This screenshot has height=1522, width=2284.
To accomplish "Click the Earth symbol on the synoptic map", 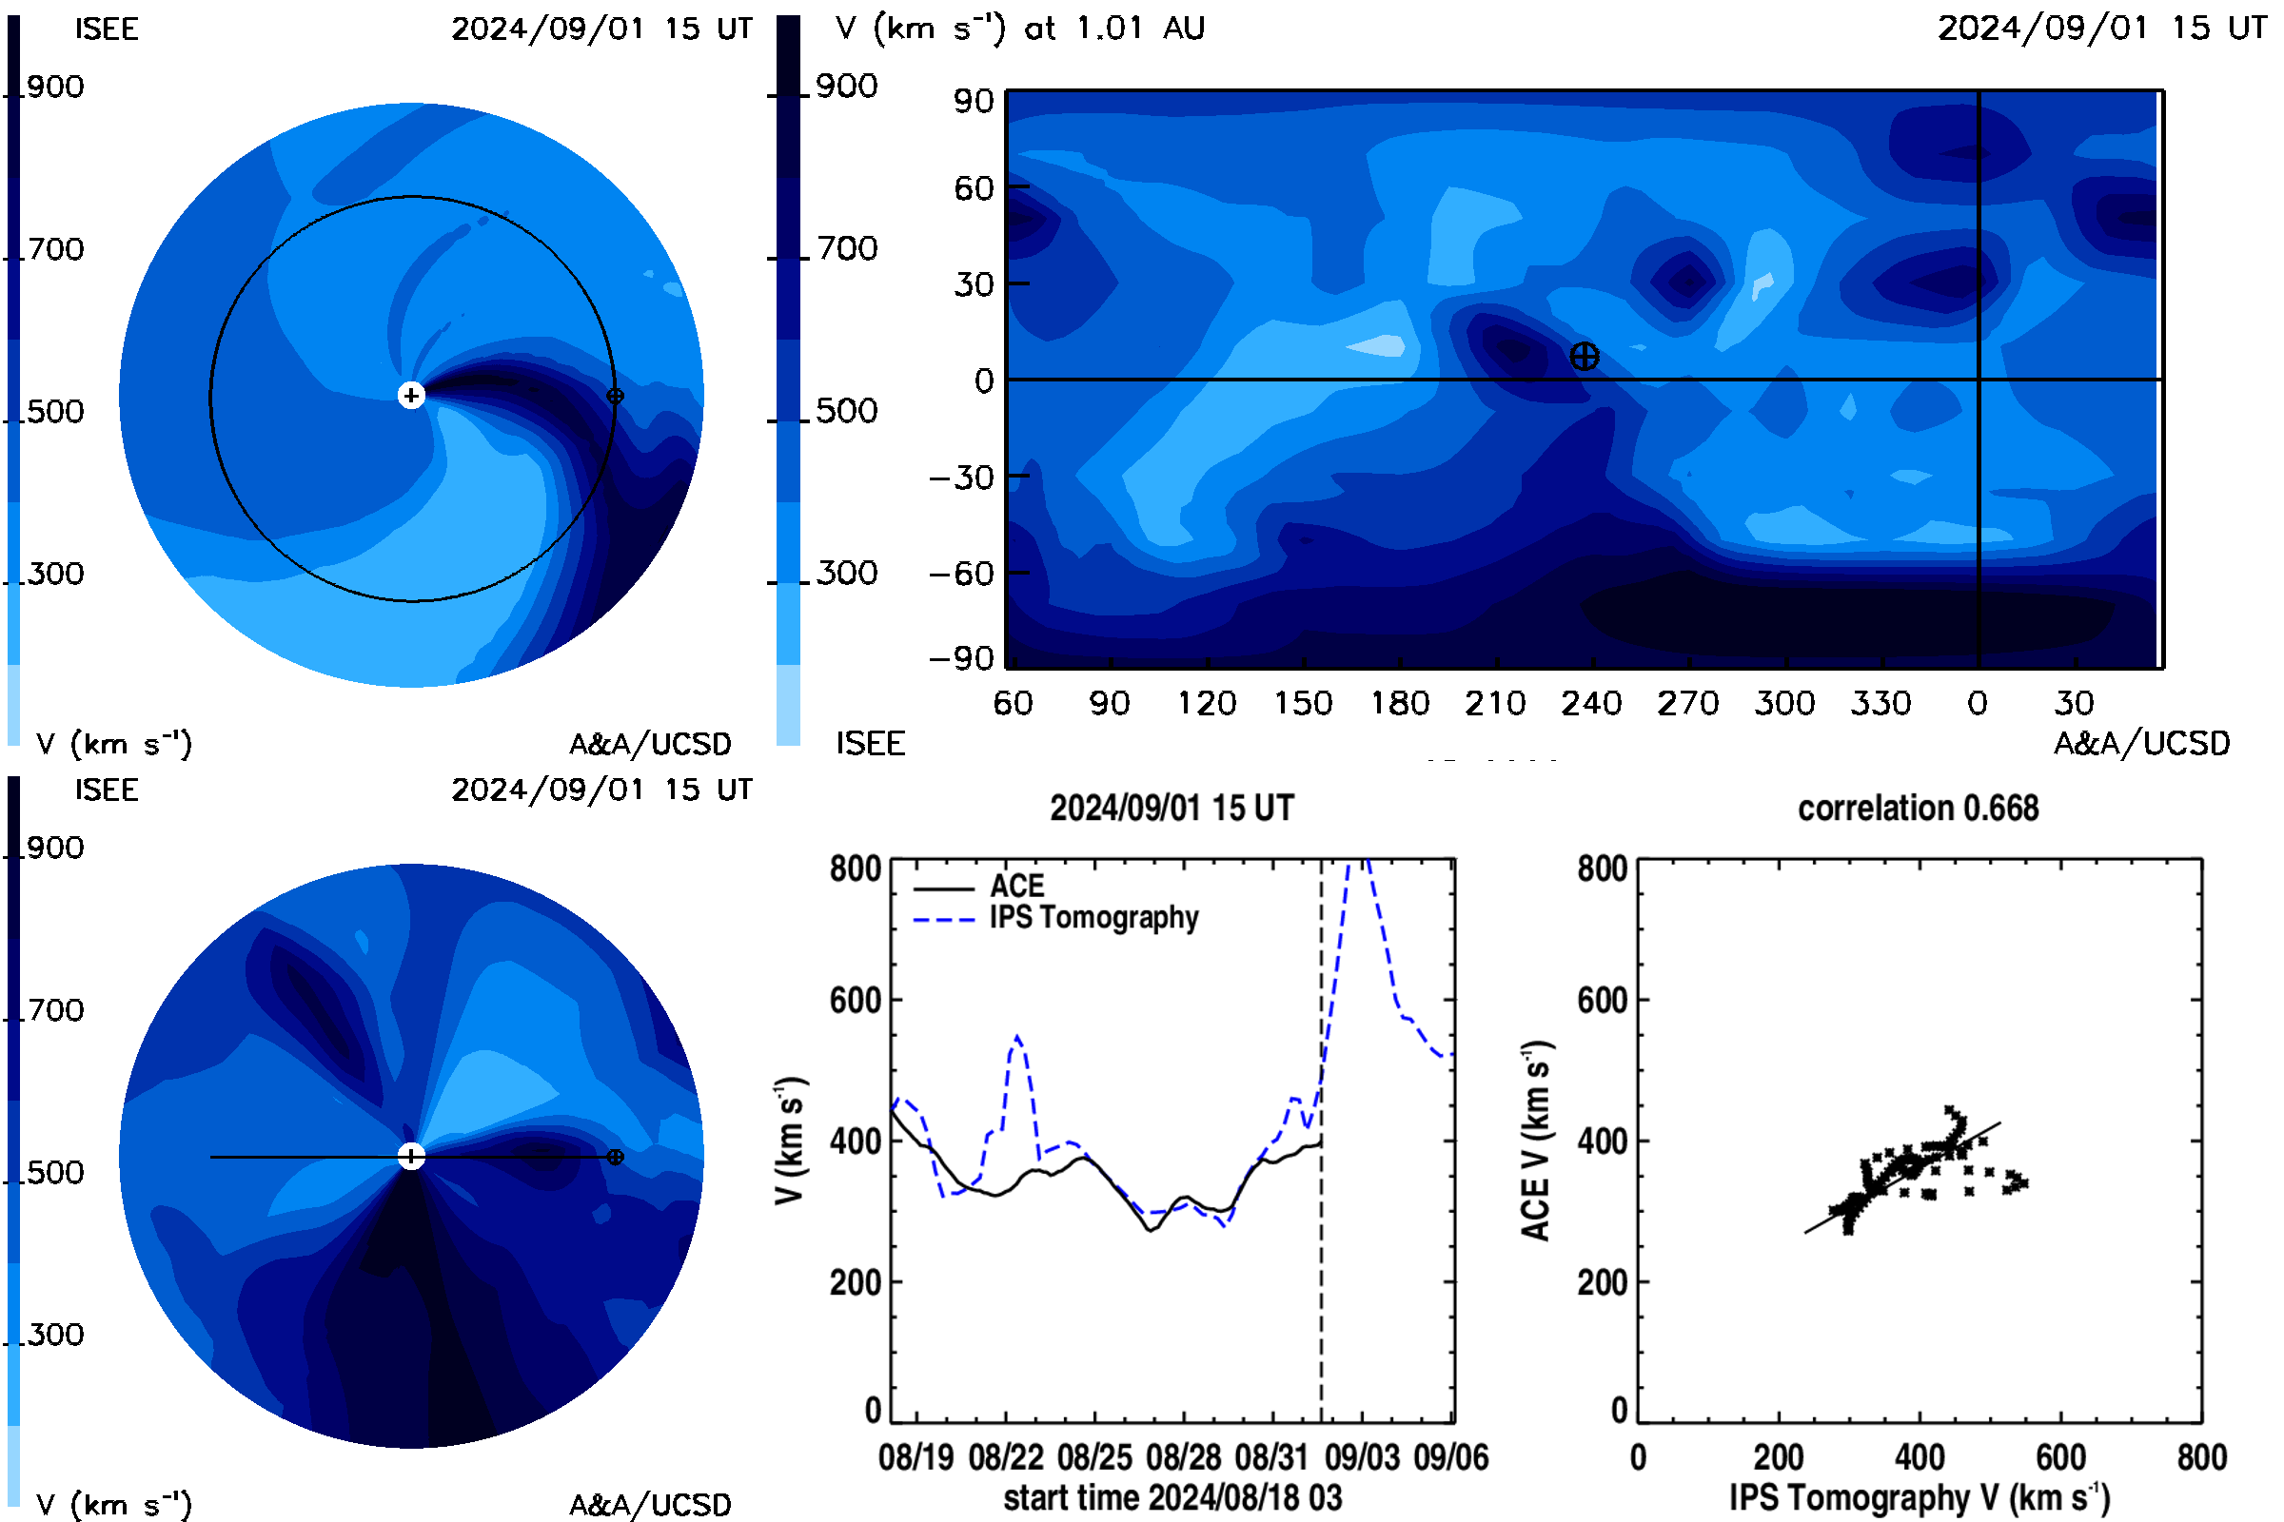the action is [x=1584, y=356].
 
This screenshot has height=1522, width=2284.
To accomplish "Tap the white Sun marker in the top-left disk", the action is [x=412, y=395].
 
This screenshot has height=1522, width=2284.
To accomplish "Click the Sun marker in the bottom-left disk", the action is [x=412, y=1156].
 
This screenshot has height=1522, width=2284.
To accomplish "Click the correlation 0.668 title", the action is [x=1918, y=808].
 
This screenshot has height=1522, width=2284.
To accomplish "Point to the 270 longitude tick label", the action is [x=1687, y=703].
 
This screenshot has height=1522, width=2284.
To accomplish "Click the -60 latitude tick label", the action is [x=961, y=574].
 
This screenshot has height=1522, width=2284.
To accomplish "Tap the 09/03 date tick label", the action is [x=1363, y=1457].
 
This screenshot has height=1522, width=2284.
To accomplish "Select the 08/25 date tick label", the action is [x=1094, y=1457].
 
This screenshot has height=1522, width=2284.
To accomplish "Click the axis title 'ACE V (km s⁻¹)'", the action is [x=1535, y=1141].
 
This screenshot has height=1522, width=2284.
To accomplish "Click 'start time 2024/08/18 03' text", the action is [x=1172, y=1497].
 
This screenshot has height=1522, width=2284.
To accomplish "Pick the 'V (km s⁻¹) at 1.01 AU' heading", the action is [x=1019, y=28].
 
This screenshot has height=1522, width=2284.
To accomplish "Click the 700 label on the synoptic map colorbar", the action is [x=846, y=248].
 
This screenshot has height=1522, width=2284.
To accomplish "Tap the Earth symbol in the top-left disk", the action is [x=615, y=396].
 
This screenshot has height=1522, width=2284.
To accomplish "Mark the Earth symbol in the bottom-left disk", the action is [x=615, y=1157].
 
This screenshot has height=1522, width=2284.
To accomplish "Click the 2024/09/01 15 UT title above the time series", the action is [x=1172, y=808].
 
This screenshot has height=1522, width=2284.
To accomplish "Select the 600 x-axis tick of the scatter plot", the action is [x=2060, y=1457].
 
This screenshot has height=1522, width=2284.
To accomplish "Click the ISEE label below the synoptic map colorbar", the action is [x=870, y=744].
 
